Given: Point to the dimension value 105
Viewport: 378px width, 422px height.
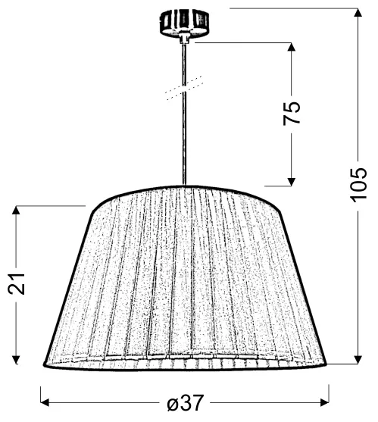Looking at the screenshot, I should (x=358, y=186).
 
